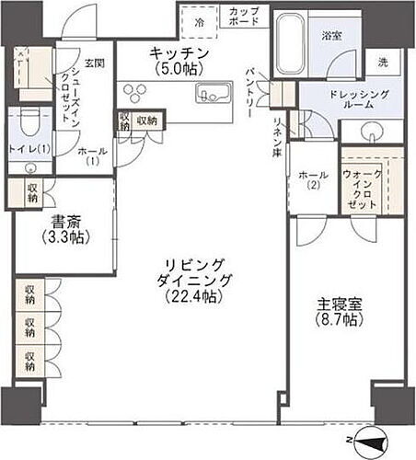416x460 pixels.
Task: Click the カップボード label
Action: (x=244, y=16)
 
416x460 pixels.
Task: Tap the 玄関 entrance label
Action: (x=95, y=63)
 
